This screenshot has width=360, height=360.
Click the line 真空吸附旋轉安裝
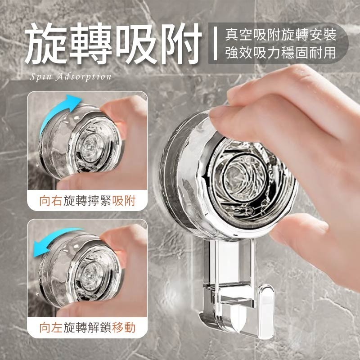pos(281,34)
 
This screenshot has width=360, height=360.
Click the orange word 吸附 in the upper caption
pos(125,201)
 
